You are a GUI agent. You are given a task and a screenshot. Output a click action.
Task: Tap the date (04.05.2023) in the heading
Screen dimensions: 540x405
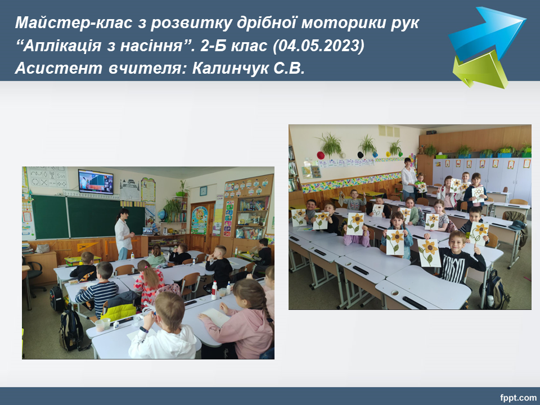coord(318,46)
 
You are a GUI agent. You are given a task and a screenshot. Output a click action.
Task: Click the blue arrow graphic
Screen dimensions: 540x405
coord(487,33)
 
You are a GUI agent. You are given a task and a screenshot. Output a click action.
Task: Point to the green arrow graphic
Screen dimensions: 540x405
coord(480,69)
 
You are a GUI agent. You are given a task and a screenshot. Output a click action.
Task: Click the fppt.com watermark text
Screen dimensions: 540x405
coord(518,398)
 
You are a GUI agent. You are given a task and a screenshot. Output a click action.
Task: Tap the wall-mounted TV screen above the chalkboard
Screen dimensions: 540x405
coord(96,182)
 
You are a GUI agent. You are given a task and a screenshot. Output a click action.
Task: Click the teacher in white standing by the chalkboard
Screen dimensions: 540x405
coord(123,233)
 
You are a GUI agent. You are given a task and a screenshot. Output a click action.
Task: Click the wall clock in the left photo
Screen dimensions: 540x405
coord(203,191)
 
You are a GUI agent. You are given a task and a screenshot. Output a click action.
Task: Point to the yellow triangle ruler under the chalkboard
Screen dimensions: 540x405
coord(86,246)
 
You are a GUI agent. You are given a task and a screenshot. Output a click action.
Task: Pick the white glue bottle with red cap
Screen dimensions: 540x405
coord(214,290)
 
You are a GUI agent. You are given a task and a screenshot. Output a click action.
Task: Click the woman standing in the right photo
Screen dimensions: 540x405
coord(409,178)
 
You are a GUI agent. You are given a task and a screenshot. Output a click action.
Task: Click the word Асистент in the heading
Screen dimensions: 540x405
coord(58,68)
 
